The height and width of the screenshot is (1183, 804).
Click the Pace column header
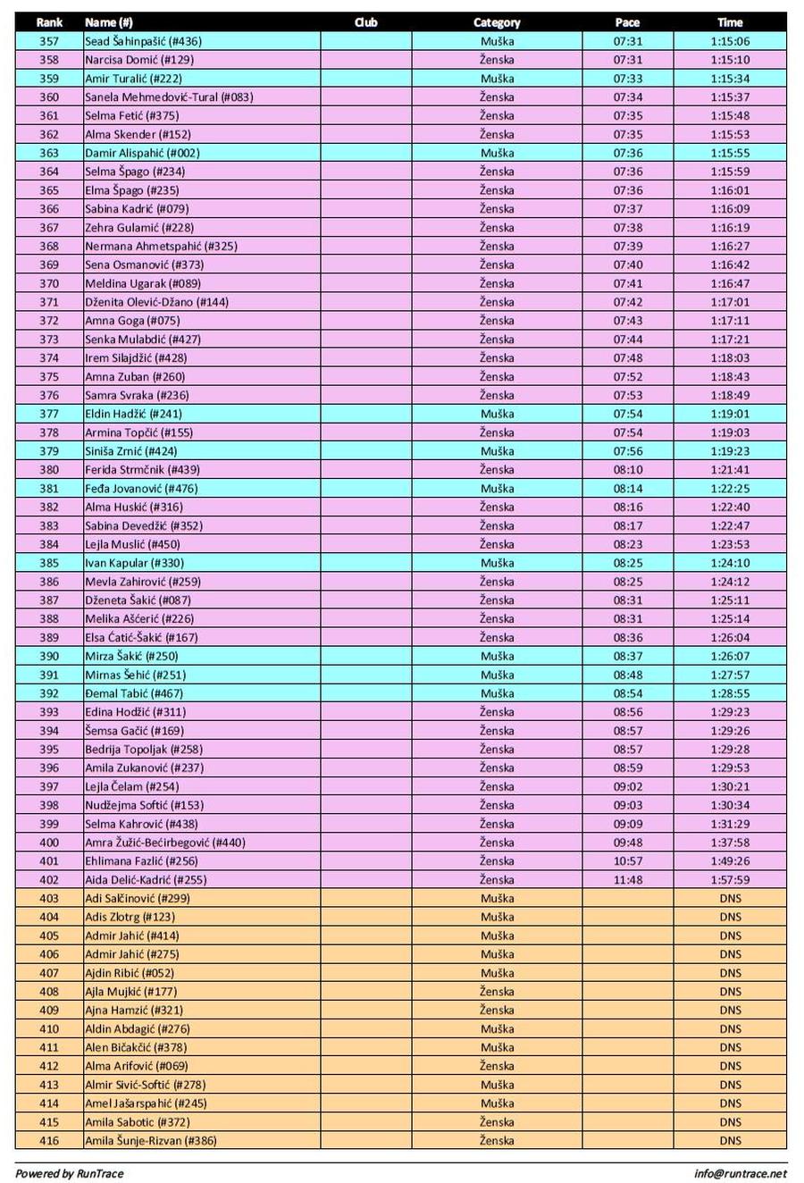[x=627, y=22]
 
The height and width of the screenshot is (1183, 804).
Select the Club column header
[x=365, y=22]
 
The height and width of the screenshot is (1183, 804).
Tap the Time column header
[x=730, y=22]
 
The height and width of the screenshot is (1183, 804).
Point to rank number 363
[x=49, y=153]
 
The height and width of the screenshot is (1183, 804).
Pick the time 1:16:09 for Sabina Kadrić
[x=730, y=209]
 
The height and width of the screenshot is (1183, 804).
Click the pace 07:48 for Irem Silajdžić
[x=627, y=358]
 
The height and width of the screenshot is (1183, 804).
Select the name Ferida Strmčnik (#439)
[x=142, y=470]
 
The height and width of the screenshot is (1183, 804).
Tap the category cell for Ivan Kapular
[x=497, y=563]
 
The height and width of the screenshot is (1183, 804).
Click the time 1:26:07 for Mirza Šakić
[x=730, y=656]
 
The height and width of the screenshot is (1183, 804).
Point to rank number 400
[x=49, y=843]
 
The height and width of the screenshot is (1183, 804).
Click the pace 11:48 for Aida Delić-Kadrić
[x=627, y=880]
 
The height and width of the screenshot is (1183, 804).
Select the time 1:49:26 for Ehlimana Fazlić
[x=730, y=861]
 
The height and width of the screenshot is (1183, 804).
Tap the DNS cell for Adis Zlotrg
[x=730, y=918]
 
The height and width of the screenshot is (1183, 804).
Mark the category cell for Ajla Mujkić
[x=497, y=992]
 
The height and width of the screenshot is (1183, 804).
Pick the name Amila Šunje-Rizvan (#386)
[x=150, y=1141]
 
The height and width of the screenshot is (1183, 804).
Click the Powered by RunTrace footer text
[x=69, y=1174]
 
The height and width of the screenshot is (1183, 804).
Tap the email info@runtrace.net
[x=741, y=1174]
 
